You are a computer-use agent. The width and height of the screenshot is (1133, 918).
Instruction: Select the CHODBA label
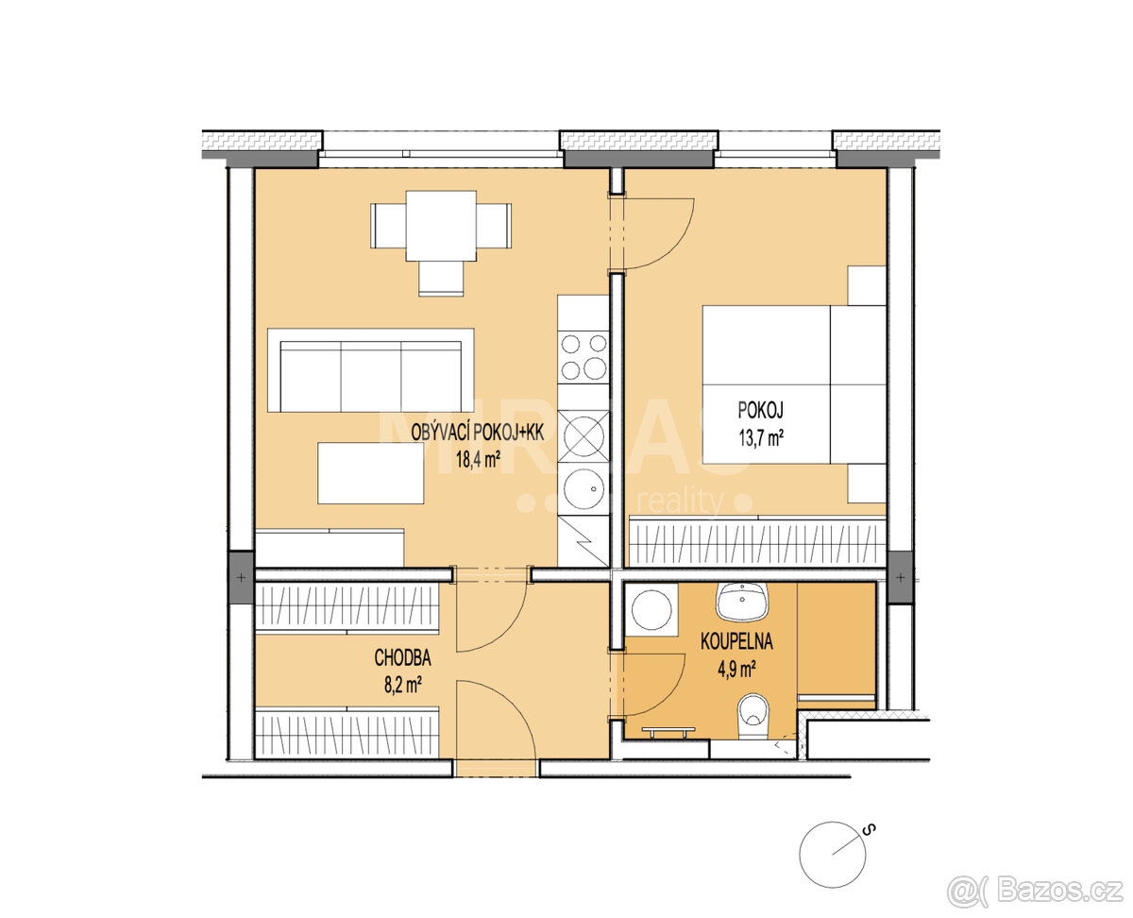point(404,656)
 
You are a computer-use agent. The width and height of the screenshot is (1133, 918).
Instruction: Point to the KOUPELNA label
point(736,641)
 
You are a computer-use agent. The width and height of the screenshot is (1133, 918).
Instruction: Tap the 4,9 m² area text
point(737,670)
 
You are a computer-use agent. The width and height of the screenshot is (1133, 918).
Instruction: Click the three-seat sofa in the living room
point(371,370)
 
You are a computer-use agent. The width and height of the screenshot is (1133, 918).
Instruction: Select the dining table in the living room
point(441,226)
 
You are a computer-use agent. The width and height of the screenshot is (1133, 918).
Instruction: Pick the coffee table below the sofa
point(370,473)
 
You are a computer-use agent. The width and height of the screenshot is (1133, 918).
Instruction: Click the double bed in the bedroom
point(793,384)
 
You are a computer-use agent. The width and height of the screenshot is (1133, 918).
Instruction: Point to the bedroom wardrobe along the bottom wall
point(758,544)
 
